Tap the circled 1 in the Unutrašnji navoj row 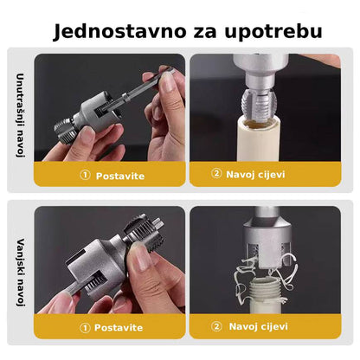point(85,176)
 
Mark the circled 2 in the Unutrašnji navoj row point(217,174)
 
